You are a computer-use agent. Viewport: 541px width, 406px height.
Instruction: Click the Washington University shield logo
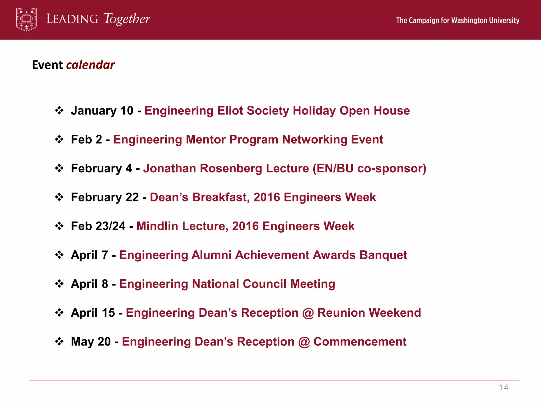26,19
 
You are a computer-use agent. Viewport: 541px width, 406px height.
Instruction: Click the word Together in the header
127,19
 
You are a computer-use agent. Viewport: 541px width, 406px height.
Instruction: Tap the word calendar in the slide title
90,65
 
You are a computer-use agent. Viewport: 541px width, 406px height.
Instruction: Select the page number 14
504,387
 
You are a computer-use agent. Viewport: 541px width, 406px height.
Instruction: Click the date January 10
102,111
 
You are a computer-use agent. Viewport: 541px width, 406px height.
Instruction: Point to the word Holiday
314,111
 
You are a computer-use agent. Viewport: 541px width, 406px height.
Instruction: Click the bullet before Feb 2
59,139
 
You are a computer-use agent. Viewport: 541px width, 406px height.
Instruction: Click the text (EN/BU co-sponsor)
369,168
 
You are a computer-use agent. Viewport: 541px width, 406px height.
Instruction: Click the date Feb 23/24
98,226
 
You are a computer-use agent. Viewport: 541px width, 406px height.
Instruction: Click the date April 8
90,284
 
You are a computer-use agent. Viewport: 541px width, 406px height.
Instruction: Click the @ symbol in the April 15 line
308,313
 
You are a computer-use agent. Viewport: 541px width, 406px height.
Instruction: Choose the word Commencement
360,342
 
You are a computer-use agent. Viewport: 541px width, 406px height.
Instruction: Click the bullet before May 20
59,342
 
